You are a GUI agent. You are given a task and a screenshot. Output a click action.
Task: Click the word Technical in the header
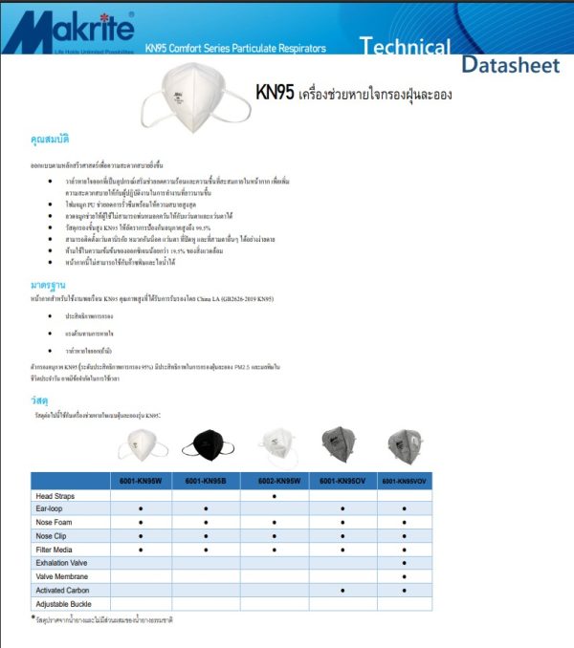click(406, 46)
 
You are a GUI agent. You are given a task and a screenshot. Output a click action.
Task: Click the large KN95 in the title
click(276, 93)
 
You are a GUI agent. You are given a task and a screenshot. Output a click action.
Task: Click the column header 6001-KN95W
click(141, 481)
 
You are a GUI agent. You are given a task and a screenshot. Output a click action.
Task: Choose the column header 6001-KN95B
click(207, 481)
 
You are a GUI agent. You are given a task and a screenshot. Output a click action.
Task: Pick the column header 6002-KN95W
click(275, 481)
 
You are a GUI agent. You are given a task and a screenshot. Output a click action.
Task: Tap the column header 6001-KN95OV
click(342, 481)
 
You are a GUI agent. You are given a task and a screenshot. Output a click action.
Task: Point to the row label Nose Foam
click(55, 523)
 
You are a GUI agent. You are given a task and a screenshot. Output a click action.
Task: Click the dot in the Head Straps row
click(275, 496)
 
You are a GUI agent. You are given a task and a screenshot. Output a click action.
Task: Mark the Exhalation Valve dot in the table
click(405, 563)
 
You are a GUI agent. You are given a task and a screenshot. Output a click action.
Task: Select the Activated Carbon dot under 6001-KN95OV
click(342, 590)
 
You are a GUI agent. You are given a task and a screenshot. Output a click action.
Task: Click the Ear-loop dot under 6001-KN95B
click(207, 509)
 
